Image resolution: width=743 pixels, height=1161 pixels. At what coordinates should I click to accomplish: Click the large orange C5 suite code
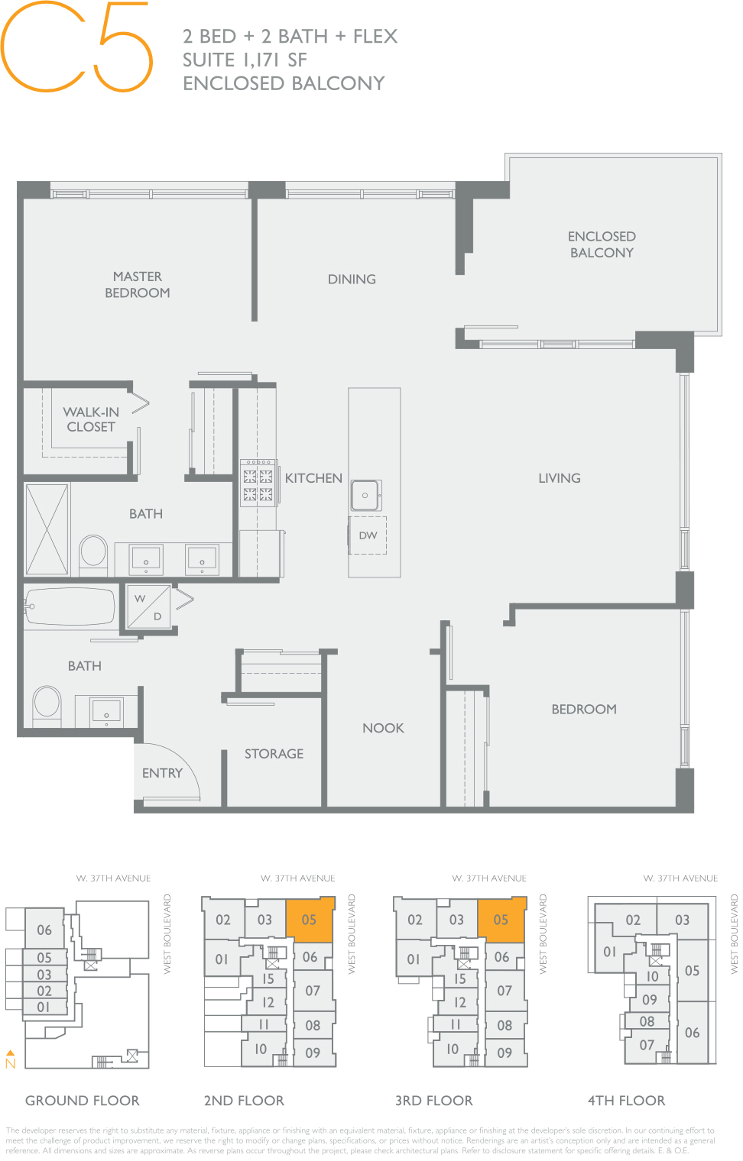[x=76, y=47]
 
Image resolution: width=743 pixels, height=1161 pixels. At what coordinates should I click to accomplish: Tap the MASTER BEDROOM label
[x=138, y=284]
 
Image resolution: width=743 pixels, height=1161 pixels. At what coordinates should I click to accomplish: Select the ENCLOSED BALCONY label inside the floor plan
[x=602, y=244]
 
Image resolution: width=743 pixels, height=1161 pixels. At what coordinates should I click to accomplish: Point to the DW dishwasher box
[x=368, y=535]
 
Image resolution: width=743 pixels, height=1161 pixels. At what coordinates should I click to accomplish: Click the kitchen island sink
[x=365, y=496]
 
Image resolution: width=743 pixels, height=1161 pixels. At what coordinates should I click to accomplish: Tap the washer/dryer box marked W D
[x=149, y=607]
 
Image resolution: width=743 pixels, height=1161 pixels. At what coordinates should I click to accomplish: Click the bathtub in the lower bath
[x=71, y=607]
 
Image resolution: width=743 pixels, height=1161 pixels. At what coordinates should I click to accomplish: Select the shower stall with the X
[x=47, y=529]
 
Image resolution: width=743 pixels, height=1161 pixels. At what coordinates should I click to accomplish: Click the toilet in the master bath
[x=94, y=551]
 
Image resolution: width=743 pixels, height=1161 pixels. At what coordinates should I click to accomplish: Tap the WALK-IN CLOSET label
[x=91, y=419]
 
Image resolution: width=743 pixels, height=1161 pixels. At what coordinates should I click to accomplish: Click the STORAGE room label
[x=274, y=754]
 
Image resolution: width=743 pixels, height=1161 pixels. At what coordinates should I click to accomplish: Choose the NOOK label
[x=383, y=728]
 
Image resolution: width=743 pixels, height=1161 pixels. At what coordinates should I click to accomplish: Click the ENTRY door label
[x=162, y=773]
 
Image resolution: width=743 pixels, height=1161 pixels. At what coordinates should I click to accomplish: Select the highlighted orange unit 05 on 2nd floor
[x=310, y=920]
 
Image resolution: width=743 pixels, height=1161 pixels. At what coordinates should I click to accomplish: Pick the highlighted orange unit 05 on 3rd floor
[x=501, y=920]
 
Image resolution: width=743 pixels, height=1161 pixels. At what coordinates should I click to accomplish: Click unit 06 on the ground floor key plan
[x=44, y=930]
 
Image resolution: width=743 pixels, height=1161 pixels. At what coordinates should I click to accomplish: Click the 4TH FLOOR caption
[x=626, y=1101]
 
